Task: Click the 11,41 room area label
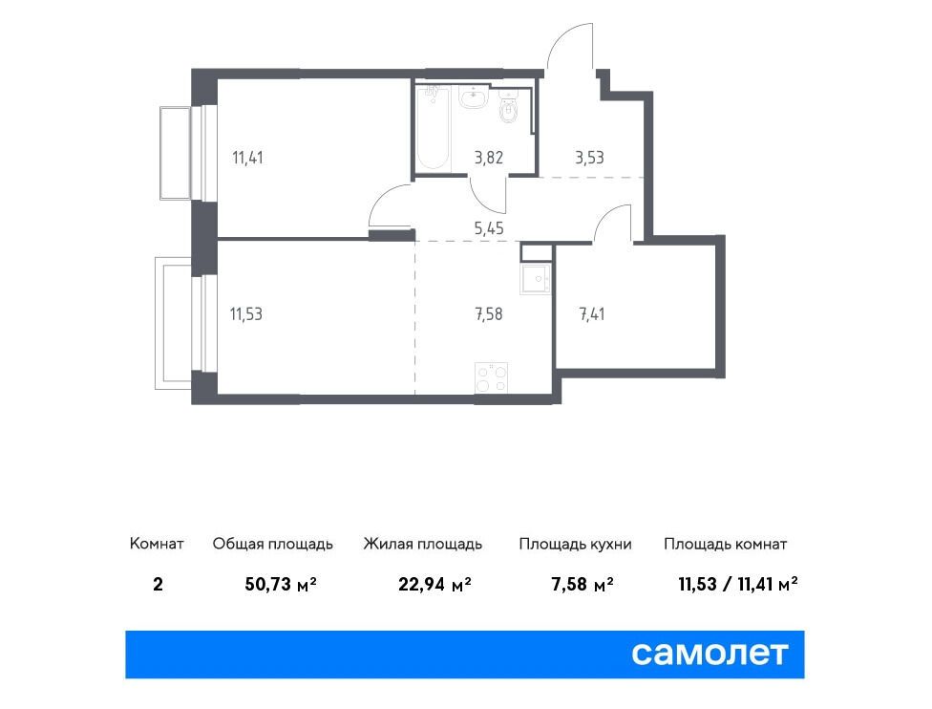tap(247, 159)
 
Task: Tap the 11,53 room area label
tap(246, 314)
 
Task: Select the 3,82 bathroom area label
tap(489, 159)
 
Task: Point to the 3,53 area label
tap(589, 159)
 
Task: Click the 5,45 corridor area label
tap(489, 228)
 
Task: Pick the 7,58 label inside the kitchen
tap(489, 314)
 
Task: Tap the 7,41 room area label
tap(592, 314)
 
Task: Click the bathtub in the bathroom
tap(433, 127)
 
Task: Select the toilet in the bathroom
tap(509, 107)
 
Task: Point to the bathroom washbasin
tap(474, 97)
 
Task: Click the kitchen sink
tap(536, 279)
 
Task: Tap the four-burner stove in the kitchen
tap(492, 377)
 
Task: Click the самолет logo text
tap(710, 655)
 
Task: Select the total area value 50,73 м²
tap(281, 584)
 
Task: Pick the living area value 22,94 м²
tap(434, 584)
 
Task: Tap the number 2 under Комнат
tap(158, 584)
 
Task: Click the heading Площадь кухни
tap(575, 545)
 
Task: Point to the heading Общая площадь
tap(273, 545)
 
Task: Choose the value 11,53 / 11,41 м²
tap(737, 584)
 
